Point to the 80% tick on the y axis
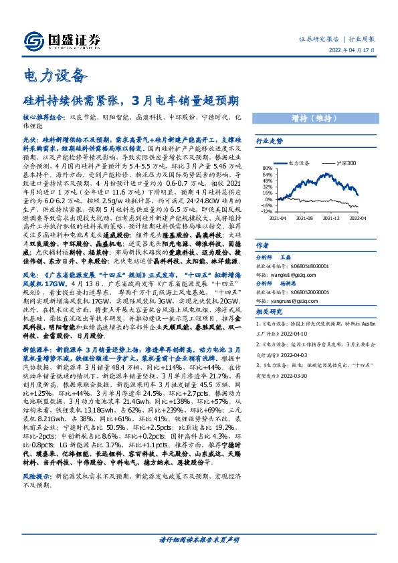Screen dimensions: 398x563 point(267,168)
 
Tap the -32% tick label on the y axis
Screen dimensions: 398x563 point(266,211)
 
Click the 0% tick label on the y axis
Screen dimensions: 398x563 point(268,199)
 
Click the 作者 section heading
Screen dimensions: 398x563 point(263,245)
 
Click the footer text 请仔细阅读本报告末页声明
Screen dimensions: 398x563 point(199,540)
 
